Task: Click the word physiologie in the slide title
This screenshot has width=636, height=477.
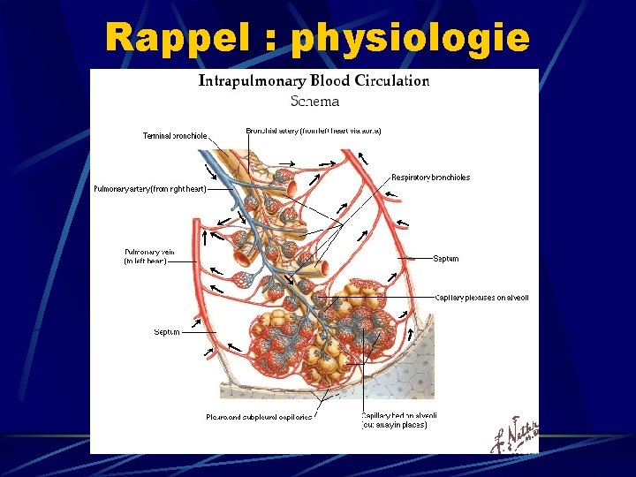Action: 411,38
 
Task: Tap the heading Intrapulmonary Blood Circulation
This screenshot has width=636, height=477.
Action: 314,81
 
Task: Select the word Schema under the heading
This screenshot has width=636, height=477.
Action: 314,102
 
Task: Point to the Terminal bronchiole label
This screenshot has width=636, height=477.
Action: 175,136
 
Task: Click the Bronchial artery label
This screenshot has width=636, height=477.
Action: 314,131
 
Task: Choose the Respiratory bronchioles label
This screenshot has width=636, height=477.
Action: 431,178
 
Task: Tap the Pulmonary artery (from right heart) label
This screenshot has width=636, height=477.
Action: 150,189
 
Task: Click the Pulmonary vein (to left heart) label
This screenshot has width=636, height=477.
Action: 145,256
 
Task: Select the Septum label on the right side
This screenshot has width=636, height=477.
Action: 446,259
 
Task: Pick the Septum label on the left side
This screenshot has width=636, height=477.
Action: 167,332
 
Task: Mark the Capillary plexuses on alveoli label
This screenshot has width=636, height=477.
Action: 481,298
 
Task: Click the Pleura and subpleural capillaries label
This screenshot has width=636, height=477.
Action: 259,417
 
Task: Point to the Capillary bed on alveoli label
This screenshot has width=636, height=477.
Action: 399,415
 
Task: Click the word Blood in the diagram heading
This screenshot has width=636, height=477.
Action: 329,81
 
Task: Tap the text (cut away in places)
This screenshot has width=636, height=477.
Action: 394,425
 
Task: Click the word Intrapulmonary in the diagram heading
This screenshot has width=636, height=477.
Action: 253,81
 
